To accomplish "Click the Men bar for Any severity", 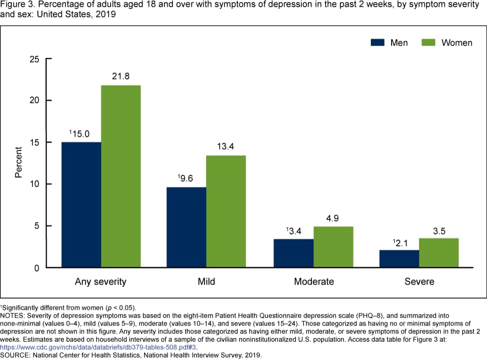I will click(x=81, y=205).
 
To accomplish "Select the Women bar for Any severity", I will click(x=121, y=176).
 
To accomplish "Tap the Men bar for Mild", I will click(x=187, y=227).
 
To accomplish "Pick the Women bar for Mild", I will click(x=226, y=211).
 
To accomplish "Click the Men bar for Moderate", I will click(x=294, y=253).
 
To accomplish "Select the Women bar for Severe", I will click(x=439, y=252).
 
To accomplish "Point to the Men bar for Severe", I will click(x=399, y=258).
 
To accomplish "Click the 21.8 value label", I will click(x=121, y=76).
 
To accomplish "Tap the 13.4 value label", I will click(x=226, y=147).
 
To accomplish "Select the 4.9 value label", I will click(x=333, y=218).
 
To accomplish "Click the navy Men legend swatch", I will click(x=378, y=43).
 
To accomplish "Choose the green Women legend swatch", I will click(x=429, y=43).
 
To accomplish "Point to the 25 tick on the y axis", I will click(x=34, y=59).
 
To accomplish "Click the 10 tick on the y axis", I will click(x=34, y=184).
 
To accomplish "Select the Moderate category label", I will click(x=314, y=281).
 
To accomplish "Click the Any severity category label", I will click(x=100, y=281).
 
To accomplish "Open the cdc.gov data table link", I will click(x=102, y=347).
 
